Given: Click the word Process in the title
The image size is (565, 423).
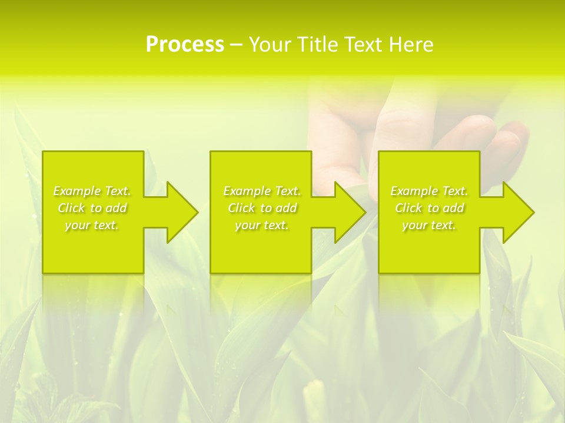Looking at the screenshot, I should (185, 45).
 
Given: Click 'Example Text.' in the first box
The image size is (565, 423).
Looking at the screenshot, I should (92, 191).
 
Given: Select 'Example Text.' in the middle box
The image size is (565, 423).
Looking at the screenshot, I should (261, 191).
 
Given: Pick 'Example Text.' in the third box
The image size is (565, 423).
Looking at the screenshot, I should (429, 191).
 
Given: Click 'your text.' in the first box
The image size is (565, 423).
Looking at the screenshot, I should (92, 225).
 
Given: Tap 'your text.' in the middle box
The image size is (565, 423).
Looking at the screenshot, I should (261, 225).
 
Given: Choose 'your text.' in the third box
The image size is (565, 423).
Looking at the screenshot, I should (429, 225).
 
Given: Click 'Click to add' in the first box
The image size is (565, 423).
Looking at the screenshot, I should (92, 208).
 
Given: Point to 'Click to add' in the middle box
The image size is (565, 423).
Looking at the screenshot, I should (261, 208).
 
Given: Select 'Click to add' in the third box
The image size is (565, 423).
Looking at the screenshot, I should (429, 208).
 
